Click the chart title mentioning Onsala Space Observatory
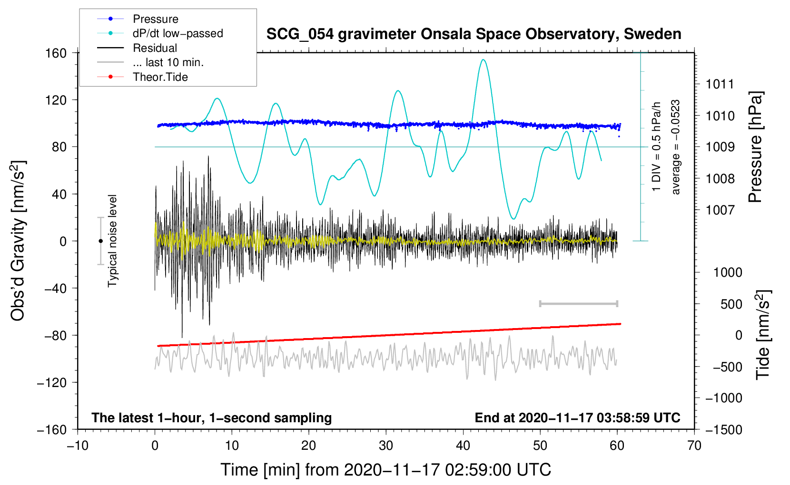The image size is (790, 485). coord(474,34)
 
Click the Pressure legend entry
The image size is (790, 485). coord(155,19)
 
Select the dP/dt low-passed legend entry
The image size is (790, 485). coord(178,33)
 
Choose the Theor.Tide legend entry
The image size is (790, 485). coord(160,77)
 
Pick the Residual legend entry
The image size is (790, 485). coord(155,48)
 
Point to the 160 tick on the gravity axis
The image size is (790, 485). coord(56,53)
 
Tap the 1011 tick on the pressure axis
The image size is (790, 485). coord(720,85)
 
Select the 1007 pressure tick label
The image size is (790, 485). coord(720,210)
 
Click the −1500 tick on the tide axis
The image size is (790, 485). coord(723,429)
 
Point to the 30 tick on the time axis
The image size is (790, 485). coord(386,446)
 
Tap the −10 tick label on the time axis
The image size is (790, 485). coord(78,446)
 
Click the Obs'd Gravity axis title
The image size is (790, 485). coord(18,241)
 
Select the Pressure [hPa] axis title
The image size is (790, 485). coord(755,147)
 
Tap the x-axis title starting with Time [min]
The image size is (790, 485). coord(385,470)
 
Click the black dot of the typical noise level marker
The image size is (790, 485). coord(100,241)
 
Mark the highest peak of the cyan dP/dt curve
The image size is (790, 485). coord(483,60)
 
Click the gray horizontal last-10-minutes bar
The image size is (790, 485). coord(578,303)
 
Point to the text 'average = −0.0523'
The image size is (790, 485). coord(676,147)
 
